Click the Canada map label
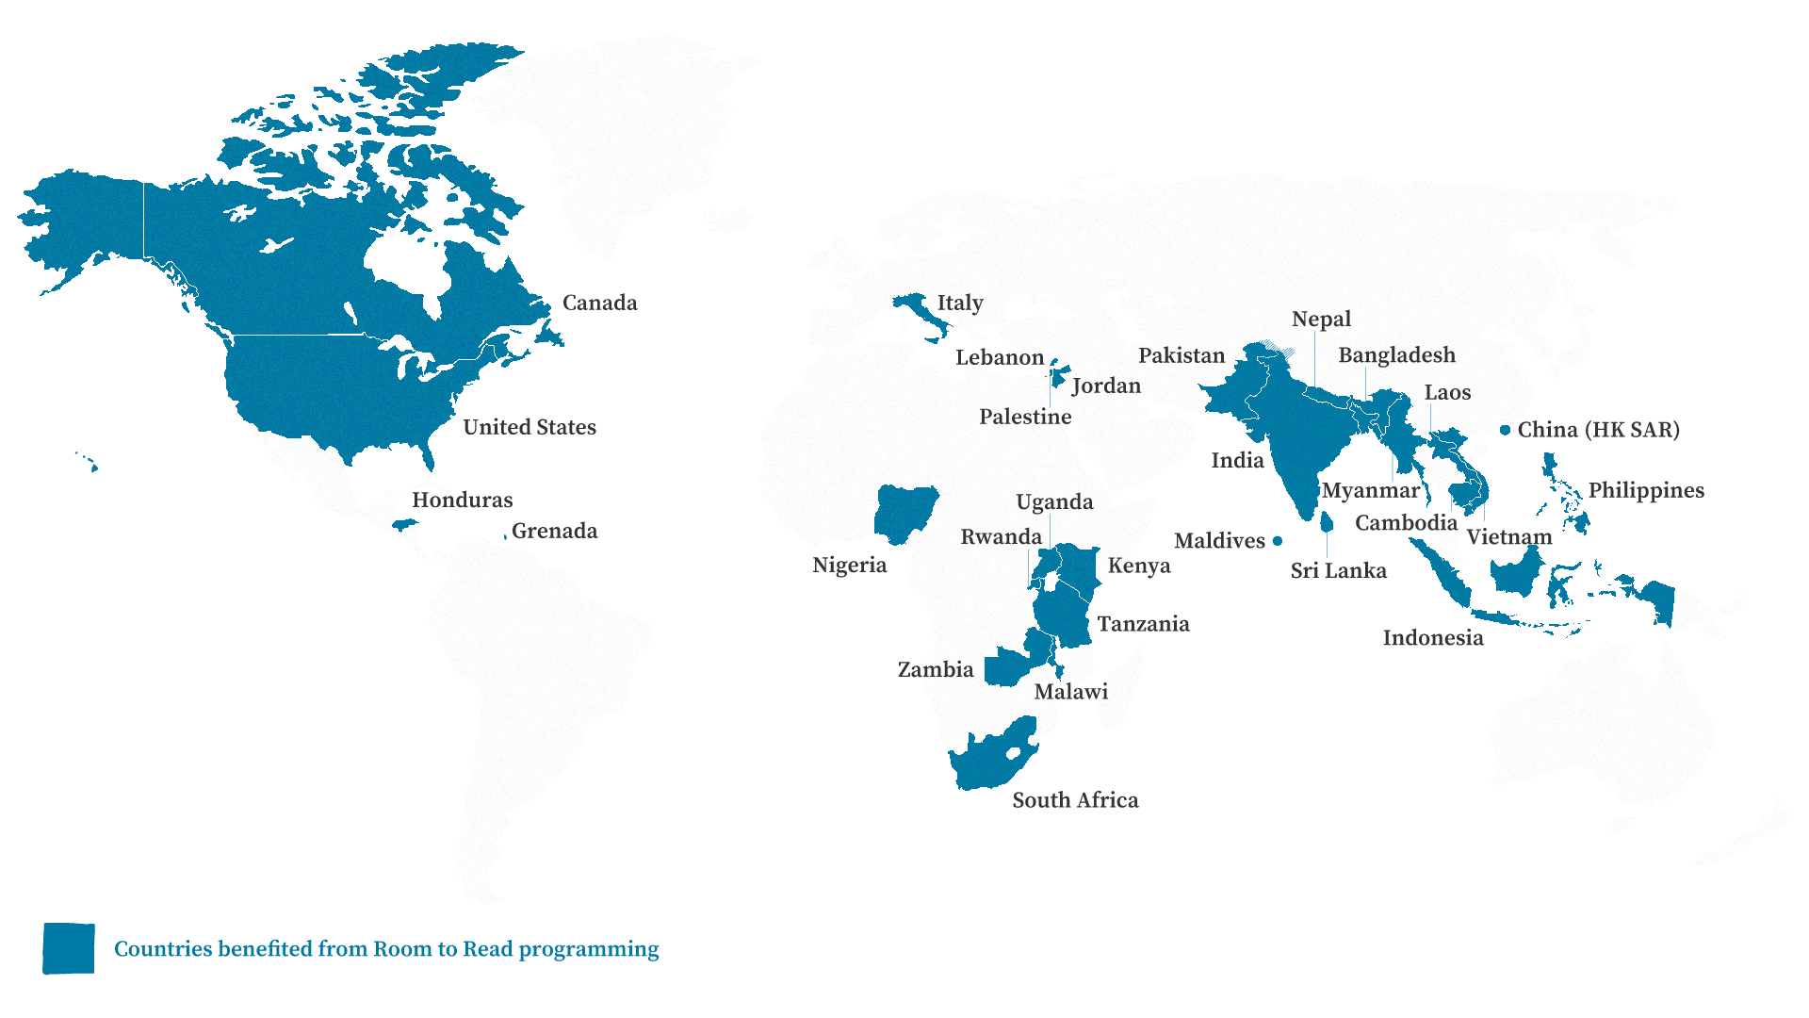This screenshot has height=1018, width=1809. click(599, 303)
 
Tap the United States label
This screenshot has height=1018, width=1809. click(529, 427)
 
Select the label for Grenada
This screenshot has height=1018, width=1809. click(554, 531)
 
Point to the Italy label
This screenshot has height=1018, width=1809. click(959, 303)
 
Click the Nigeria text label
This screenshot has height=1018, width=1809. click(849, 565)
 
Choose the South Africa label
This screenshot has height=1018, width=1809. click(1075, 800)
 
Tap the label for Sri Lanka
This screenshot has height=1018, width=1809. click(1338, 570)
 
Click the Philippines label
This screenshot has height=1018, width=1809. click(1646, 490)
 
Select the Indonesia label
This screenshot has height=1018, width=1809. click(1432, 638)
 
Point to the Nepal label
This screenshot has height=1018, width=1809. click(1321, 319)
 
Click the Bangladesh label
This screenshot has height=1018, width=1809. click(1396, 355)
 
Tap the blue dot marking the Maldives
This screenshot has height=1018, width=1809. click(1278, 541)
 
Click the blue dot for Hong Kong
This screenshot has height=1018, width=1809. click(1506, 431)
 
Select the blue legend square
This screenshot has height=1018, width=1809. click(69, 948)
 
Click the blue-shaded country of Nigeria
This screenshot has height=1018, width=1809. click(903, 514)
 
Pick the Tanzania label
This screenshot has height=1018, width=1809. click(1143, 624)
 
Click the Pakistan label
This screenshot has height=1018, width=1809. click(1181, 355)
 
